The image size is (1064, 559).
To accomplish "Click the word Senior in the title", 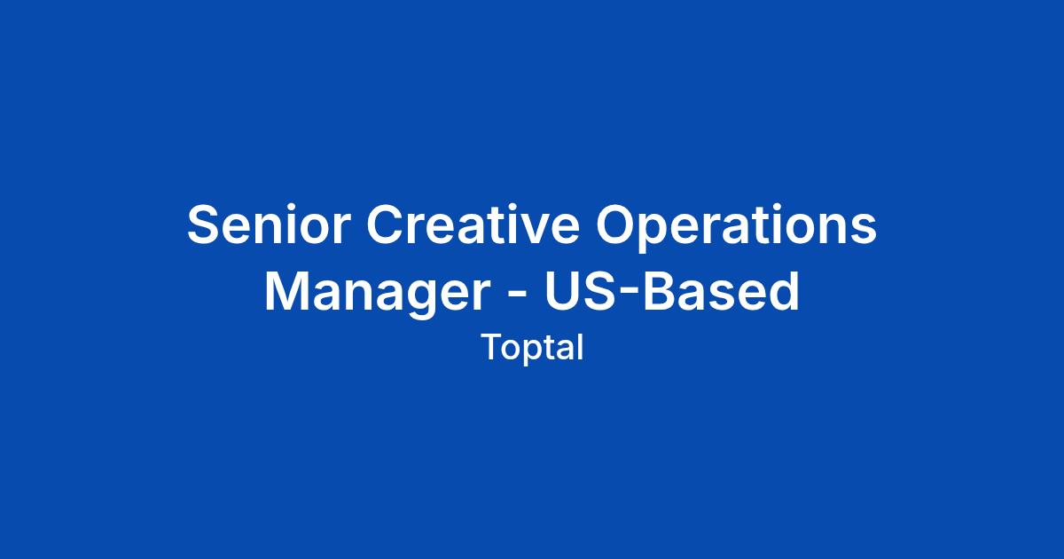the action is [x=270, y=224].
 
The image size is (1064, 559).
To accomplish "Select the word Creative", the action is [x=473, y=224].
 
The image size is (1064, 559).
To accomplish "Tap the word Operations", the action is [x=736, y=228].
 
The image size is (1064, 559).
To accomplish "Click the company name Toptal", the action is [x=533, y=349].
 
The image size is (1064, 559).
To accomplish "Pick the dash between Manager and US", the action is [x=517, y=294].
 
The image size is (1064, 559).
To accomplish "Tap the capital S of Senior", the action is [x=204, y=224].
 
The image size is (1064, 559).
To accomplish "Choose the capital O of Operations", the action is [x=616, y=224].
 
